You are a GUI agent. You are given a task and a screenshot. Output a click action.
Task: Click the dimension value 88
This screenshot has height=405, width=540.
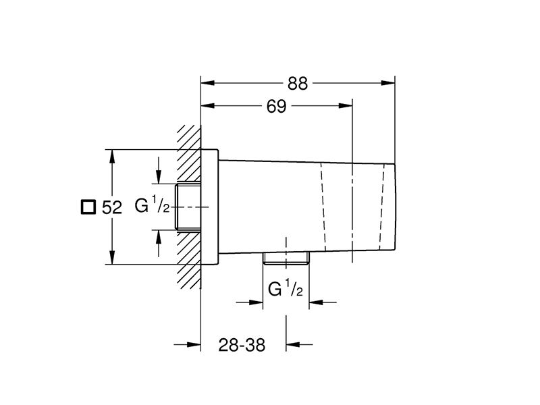coord(298,84)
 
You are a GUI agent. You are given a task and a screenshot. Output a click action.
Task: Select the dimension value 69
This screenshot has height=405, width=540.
coord(276,107)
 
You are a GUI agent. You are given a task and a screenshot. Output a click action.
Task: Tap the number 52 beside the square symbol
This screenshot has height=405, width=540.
coord(112,208)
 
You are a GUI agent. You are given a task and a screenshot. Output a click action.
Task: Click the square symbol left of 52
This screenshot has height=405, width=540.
coord(88,207)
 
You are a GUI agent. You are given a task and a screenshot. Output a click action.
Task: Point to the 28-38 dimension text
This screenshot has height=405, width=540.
coord(242,345)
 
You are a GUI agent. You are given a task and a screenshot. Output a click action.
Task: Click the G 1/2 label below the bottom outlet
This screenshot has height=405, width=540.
coord(286,289)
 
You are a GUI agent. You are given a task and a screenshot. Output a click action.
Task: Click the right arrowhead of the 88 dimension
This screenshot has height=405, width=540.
coord(387,83)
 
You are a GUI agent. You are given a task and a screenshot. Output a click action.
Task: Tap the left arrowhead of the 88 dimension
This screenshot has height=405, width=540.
coord(208,83)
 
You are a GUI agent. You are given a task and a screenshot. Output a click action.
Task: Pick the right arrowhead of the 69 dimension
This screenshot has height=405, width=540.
coord(346,105)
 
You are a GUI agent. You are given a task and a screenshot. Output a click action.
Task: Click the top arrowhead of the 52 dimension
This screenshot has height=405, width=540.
coord(111,157)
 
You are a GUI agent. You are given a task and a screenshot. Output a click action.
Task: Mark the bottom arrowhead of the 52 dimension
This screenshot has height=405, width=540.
coord(111,258)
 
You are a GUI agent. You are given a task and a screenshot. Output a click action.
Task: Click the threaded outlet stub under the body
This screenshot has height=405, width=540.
coord(286,259)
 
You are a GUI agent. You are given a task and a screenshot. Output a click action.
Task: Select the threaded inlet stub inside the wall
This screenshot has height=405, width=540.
coord(188,207)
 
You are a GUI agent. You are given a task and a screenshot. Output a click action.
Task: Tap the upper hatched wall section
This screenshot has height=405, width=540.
coord(189,153)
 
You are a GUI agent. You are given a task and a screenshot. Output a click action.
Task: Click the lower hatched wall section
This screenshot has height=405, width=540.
coord(189,260)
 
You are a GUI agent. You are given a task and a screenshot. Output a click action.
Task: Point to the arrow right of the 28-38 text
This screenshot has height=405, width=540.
coord(299,344)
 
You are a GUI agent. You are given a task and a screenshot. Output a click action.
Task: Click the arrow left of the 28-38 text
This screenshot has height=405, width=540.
coord(188,344)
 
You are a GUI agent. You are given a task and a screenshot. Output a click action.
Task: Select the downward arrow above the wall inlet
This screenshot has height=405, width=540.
coord(159,170)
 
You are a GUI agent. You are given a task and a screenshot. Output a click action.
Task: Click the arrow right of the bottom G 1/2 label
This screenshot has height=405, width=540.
coord(323,302)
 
